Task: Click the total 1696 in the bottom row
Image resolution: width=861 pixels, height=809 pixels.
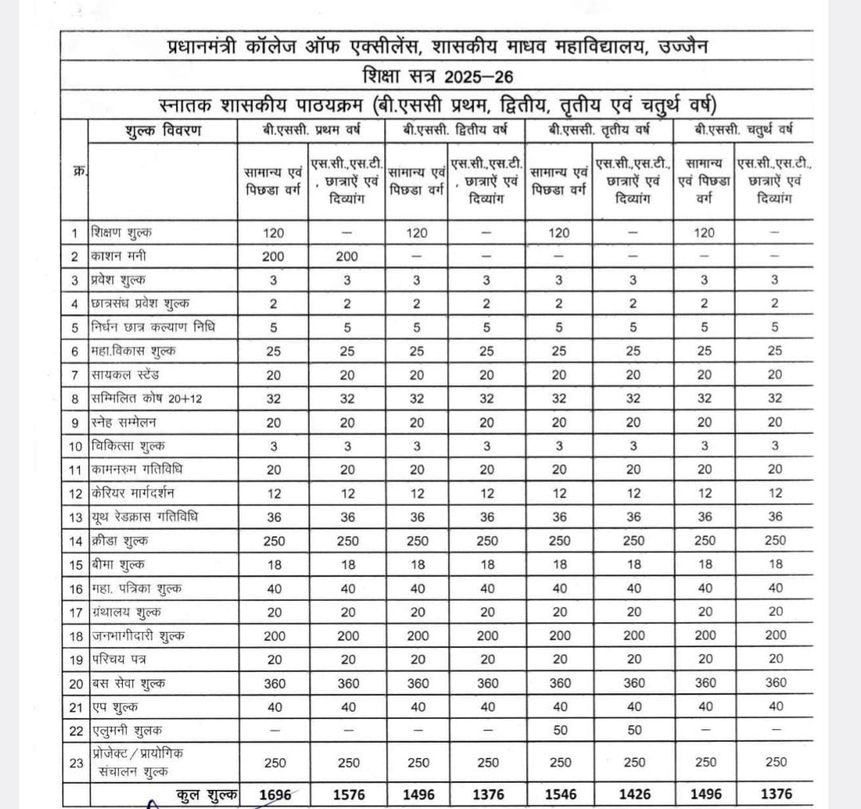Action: click(274, 793)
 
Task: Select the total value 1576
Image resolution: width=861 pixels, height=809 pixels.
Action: click(348, 793)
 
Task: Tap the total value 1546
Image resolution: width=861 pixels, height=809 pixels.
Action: click(559, 793)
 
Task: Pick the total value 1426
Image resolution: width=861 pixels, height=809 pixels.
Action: click(634, 793)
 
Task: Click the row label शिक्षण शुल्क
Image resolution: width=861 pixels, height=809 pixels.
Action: click(121, 233)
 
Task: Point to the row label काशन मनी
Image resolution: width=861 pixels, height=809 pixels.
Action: click(119, 257)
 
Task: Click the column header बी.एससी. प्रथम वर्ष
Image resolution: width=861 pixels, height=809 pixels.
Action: click(312, 131)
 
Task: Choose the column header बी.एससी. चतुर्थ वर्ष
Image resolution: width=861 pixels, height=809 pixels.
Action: click(743, 131)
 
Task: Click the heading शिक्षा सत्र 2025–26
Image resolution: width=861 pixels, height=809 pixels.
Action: click(436, 77)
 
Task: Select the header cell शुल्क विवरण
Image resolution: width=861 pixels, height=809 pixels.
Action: click(163, 131)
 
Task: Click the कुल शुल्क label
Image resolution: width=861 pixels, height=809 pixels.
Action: click(206, 793)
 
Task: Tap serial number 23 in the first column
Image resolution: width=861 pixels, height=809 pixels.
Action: click(77, 763)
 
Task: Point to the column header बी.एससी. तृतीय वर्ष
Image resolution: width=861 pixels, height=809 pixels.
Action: click(599, 131)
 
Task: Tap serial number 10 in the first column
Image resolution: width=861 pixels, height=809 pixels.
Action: click(77, 446)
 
